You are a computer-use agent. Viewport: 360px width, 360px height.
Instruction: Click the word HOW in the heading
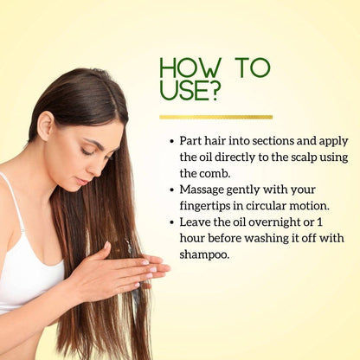pos(190,68)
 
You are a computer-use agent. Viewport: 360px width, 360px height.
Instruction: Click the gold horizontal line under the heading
pos(216,117)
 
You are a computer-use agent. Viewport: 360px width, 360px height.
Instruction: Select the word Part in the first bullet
pos(190,141)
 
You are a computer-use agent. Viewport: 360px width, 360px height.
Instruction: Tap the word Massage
pos(202,190)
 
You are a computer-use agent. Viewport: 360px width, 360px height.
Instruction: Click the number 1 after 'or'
pos(319,222)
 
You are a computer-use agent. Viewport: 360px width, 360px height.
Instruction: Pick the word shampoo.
pos(204,255)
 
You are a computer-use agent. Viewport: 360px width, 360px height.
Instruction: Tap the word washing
pos(267,239)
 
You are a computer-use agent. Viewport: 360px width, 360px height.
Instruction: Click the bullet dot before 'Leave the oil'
pos(172,222)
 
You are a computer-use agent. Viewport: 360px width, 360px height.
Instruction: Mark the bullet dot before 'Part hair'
pos(172,141)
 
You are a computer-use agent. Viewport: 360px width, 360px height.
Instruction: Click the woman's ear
pos(46,126)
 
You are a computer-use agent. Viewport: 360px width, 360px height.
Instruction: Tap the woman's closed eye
pos(87,151)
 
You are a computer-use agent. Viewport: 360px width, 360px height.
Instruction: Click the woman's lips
pos(82,181)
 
